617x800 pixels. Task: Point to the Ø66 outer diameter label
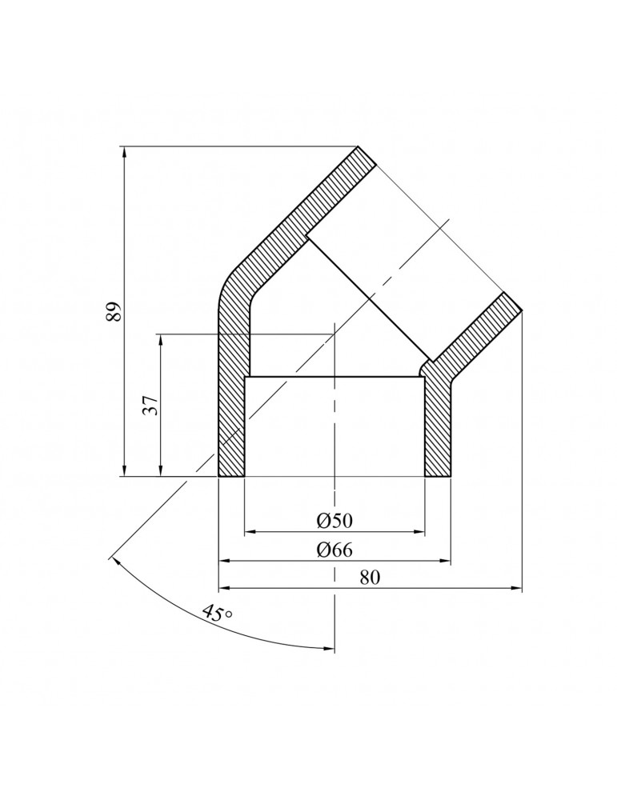click(335, 550)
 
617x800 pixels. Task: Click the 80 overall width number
click(369, 578)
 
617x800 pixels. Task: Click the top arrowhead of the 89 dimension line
click(125, 152)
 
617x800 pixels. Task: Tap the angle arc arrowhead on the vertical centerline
click(329, 647)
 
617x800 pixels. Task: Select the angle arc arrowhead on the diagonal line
click(115, 560)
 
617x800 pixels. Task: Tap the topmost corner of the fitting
click(358, 146)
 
